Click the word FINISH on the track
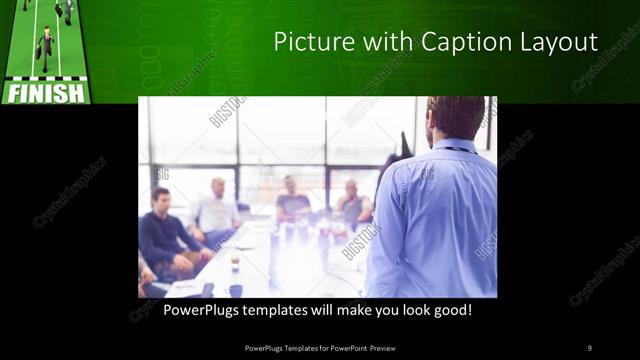46,94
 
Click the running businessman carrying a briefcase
46,46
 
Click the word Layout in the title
555,42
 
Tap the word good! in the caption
478,310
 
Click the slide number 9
589,347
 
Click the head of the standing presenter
455,118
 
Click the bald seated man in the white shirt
217,210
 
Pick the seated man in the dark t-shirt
292,200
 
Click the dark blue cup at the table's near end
236,291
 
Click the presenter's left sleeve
384,230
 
